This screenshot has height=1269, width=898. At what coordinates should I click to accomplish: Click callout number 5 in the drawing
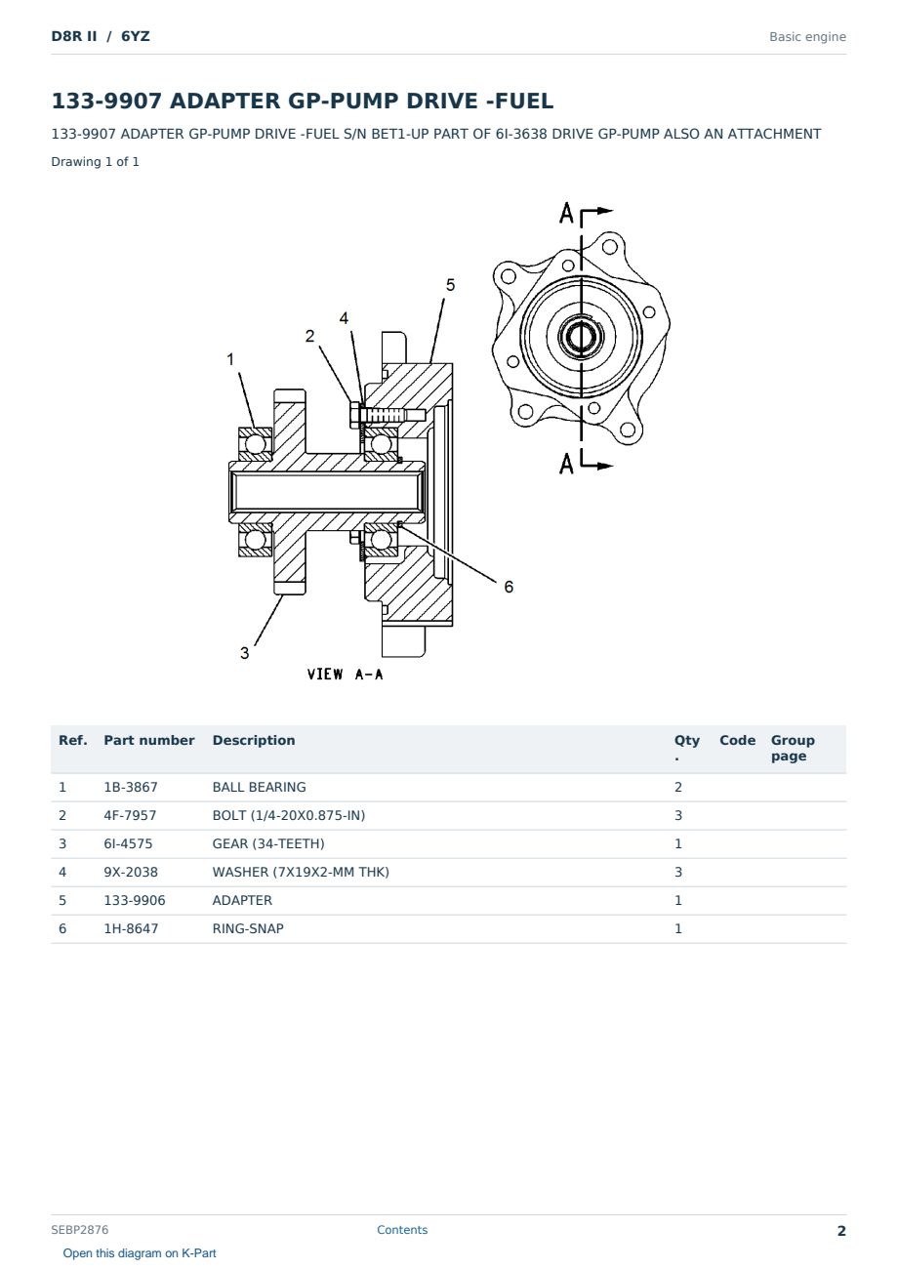click(450, 285)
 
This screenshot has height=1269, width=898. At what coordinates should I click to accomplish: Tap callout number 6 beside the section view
click(509, 587)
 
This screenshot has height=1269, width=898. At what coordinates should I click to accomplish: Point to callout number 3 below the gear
click(245, 653)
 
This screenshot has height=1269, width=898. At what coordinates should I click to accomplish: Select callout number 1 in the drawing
click(230, 359)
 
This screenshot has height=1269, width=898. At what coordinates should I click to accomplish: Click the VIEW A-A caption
click(345, 675)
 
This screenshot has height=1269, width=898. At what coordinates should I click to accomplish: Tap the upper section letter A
click(566, 213)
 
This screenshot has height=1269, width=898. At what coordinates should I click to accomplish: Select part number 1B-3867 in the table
click(131, 787)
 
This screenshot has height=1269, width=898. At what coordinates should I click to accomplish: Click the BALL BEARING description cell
click(259, 787)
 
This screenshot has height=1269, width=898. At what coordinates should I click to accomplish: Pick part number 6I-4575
click(128, 843)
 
